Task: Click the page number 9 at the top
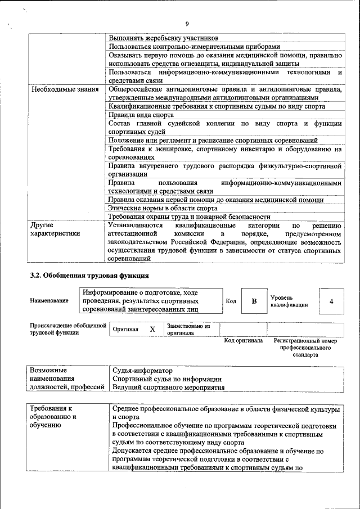click(x=186, y=23)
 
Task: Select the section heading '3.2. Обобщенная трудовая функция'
click(x=89, y=276)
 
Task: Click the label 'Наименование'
click(x=49, y=301)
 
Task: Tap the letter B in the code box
click(x=254, y=301)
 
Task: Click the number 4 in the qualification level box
click(x=331, y=301)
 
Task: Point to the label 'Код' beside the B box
click(x=231, y=301)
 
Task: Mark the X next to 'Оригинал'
click(x=152, y=329)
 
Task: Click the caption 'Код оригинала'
click(x=243, y=341)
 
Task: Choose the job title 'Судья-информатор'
click(x=142, y=371)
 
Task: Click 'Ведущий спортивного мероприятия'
click(x=168, y=388)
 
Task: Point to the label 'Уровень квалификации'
click(x=289, y=301)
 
